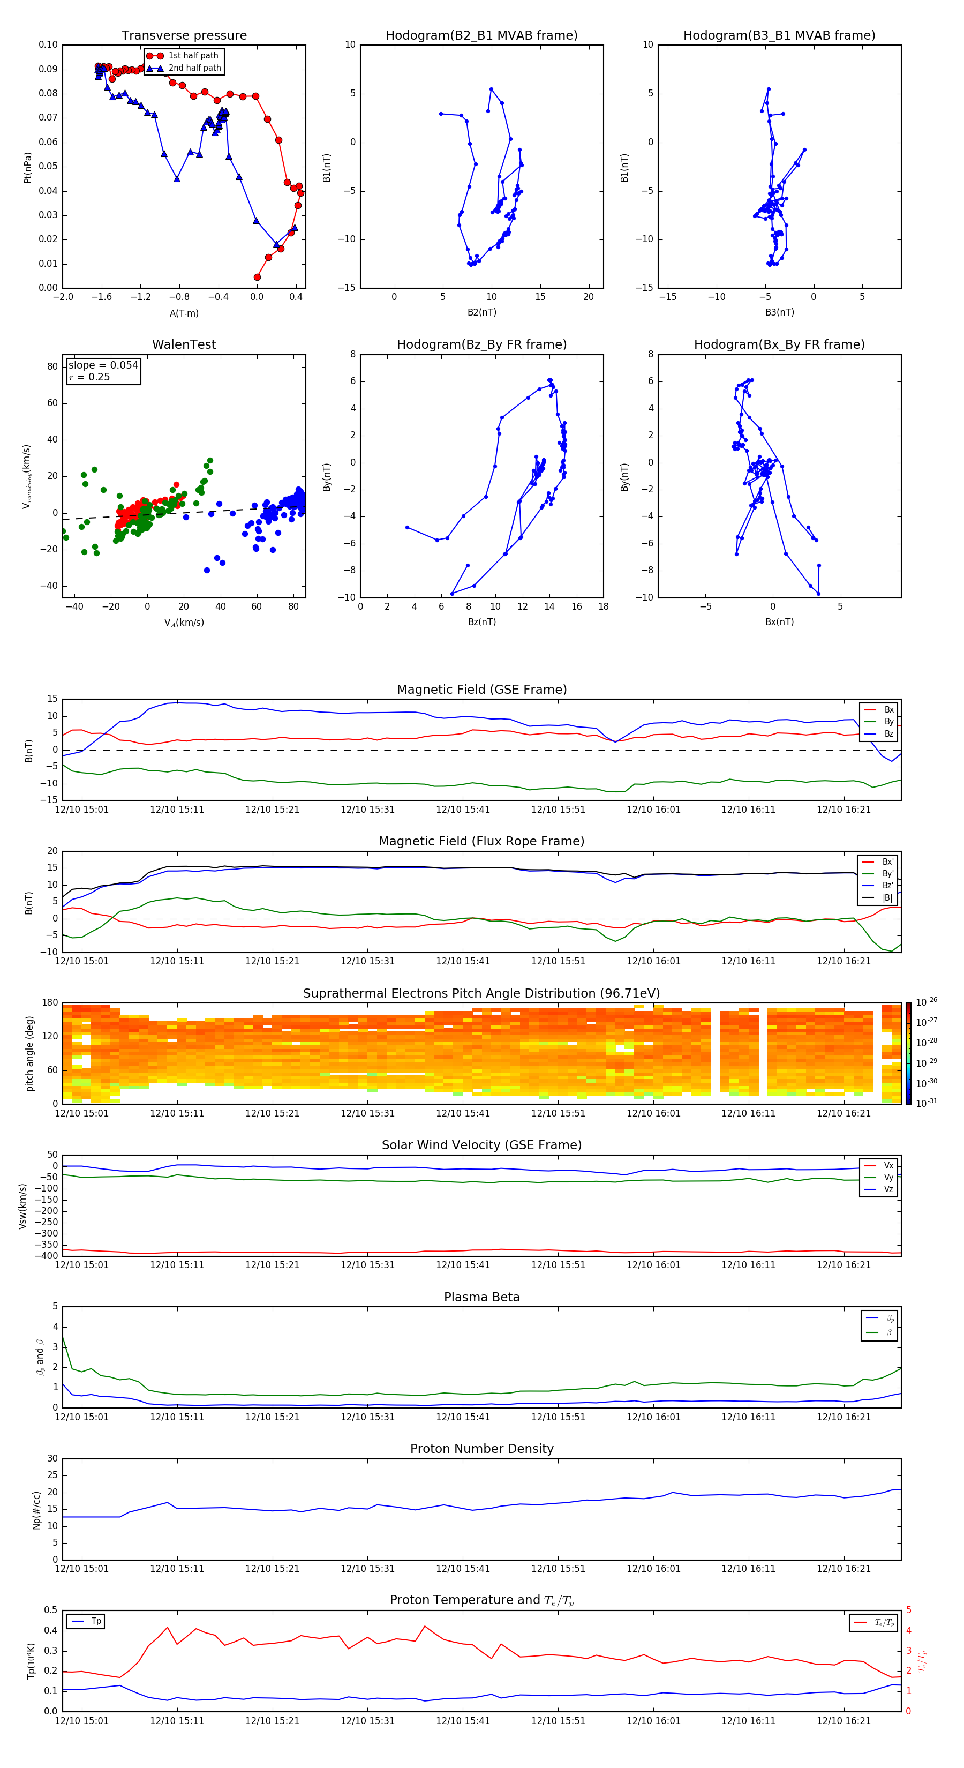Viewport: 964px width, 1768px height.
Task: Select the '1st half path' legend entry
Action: (193, 56)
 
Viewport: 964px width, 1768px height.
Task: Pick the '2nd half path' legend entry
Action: (194, 68)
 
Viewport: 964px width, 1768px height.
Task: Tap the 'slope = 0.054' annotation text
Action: (103, 365)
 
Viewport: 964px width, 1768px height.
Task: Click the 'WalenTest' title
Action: (184, 344)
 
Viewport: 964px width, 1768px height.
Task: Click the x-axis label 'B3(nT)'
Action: (779, 312)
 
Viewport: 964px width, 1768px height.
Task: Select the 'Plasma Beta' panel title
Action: (481, 1297)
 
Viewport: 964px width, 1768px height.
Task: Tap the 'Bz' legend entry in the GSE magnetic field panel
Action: (888, 733)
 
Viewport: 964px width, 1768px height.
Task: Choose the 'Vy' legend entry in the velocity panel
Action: (888, 1177)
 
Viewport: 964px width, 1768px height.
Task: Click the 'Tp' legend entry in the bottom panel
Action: (96, 1621)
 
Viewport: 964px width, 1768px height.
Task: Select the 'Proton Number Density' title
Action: (481, 1449)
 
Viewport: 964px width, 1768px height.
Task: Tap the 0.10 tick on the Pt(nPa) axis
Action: (48, 44)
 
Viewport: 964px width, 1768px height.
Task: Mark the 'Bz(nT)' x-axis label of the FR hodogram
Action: (481, 622)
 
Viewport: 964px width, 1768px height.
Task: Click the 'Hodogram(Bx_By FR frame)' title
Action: (779, 344)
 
